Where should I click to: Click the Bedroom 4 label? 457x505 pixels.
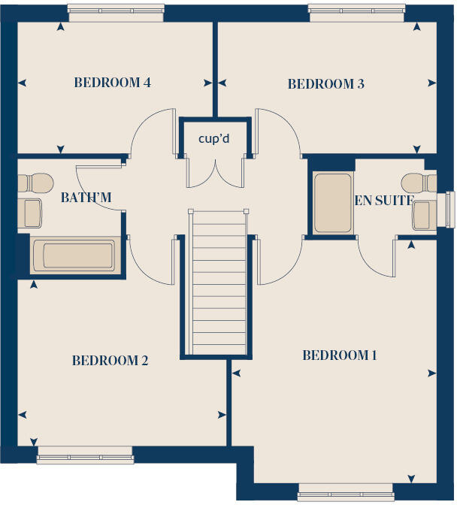(x=113, y=83)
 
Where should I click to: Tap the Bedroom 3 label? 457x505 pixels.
(x=326, y=83)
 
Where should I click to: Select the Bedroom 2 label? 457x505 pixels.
(x=110, y=361)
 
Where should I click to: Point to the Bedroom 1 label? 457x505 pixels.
(x=340, y=355)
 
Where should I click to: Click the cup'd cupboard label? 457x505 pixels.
(x=214, y=138)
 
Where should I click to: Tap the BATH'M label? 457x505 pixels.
(x=86, y=198)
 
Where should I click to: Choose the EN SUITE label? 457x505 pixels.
(x=384, y=201)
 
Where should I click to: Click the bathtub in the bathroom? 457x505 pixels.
(x=74, y=256)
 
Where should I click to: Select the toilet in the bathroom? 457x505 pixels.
(x=35, y=183)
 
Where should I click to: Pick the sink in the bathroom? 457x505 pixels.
(x=29, y=213)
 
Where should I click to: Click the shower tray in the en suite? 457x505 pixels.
(x=332, y=203)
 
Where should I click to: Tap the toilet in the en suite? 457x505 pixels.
(x=419, y=183)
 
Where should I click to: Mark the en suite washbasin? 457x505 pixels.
(x=425, y=216)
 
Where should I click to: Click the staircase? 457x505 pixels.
(x=219, y=282)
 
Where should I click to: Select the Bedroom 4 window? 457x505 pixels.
(x=116, y=13)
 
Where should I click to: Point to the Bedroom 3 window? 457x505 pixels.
(x=356, y=13)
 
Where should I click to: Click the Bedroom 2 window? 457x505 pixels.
(x=85, y=455)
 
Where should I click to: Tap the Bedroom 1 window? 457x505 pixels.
(x=346, y=492)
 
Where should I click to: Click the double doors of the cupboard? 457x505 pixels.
(x=214, y=172)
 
